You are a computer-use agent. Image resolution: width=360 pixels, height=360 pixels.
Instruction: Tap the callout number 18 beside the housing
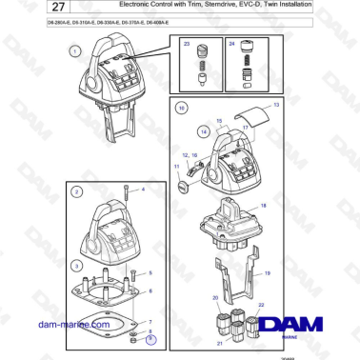pyautogui.click(x=264, y=205)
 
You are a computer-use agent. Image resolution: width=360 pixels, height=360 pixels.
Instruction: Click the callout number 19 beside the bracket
pyautogui.click(x=269, y=273)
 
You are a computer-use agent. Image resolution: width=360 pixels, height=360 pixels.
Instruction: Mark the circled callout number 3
pyautogui.click(x=75, y=264)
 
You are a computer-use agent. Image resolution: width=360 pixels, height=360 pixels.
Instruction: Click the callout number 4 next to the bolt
pyautogui.click(x=144, y=190)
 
